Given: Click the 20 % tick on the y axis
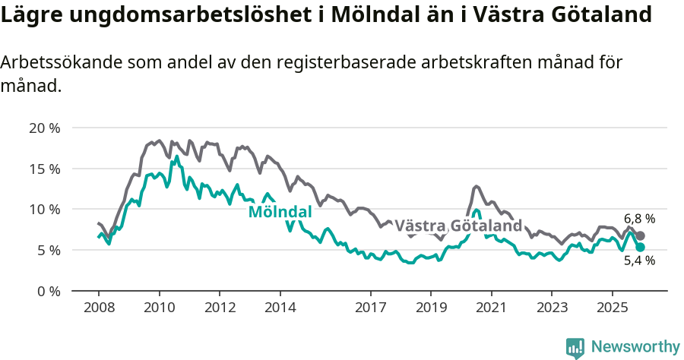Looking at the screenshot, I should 44,128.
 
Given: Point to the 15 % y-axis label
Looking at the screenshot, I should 44,169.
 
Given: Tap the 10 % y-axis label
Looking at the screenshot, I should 44,209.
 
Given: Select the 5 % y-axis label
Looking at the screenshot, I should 47,250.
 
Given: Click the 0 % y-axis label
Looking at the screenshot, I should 47,291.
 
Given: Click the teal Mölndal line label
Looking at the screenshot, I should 280,212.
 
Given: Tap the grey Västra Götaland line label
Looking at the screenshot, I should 458,226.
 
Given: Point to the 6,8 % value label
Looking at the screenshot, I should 639,219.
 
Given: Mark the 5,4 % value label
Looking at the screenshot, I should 639,261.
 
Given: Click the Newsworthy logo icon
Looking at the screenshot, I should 575,347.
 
